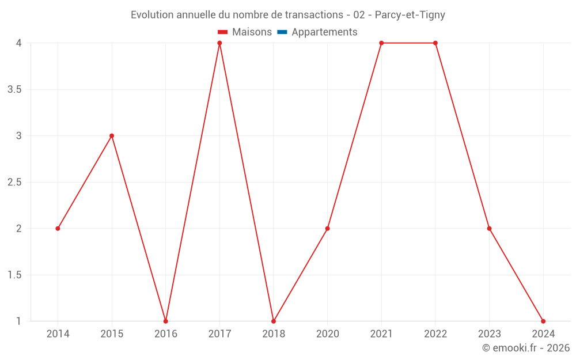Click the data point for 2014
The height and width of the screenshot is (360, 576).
tap(58, 229)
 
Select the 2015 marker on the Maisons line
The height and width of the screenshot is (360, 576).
tap(112, 136)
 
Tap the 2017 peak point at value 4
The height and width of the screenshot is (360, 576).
tap(219, 43)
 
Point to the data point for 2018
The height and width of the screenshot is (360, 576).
tap(274, 321)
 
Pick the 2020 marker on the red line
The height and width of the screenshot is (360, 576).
tap(327, 229)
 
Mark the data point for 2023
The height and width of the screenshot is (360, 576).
tap(489, 229)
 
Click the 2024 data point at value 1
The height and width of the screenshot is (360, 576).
tap(543, 321)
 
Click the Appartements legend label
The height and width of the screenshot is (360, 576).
tap(324, 32)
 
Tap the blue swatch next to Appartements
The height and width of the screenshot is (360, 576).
tap(282, 32)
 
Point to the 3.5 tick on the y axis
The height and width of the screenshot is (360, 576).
tap(15, 90)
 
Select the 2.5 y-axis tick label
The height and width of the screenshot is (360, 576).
tap(15, 183)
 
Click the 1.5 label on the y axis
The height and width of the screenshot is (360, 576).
tap(15, 275)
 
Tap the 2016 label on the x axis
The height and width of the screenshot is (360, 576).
tap(166, 334)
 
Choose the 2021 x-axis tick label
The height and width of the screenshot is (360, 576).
tap(381, 334)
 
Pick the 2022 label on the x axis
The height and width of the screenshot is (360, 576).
tap(435, 334)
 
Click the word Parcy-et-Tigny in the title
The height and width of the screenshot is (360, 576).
tap(410, 15)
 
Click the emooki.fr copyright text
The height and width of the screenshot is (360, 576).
tap(526, 348)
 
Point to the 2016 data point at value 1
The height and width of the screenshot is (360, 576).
tap(166, 321)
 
